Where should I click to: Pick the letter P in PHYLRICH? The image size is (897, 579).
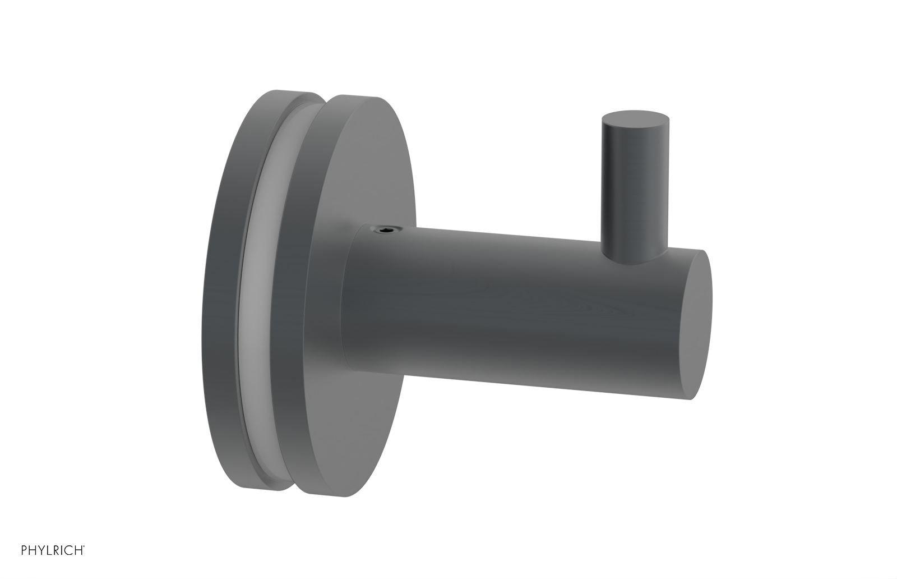pos(24,549)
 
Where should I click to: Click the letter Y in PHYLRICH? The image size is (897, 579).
pos(41,549)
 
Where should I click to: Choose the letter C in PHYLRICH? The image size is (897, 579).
pos(68,549)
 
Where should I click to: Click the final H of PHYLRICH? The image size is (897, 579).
pos(78,549)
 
